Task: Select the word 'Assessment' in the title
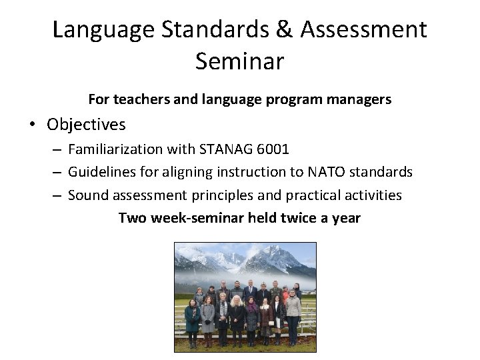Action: [x=363, y=29]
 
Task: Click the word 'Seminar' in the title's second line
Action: [x=239, y=61]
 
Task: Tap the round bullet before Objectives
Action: [x=32, y=125]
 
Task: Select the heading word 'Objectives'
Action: [x=86, y=125]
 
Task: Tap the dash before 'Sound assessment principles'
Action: [x=58, y=195]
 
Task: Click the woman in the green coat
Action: [x=193, y=317]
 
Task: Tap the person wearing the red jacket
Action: [x=285, y=293]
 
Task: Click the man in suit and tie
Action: [x=249, y=291]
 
